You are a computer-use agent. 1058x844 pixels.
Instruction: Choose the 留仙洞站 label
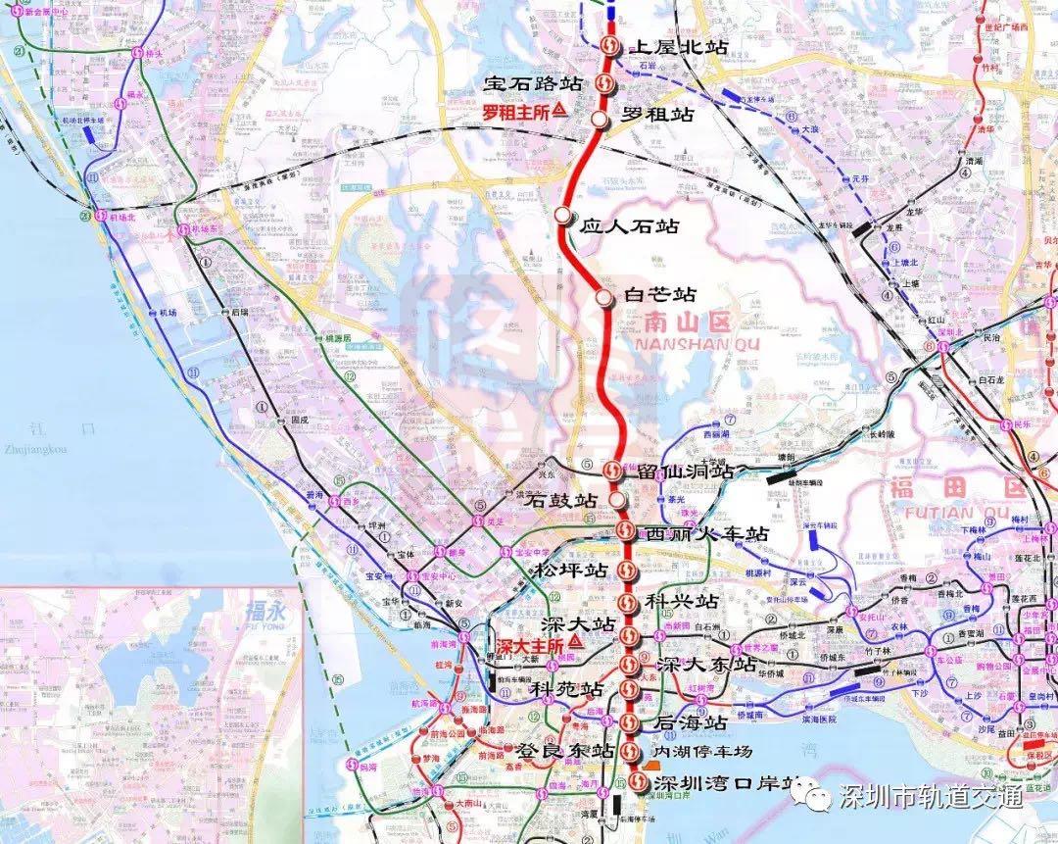(x=685, y=471)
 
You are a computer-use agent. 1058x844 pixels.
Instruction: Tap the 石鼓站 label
(x=561, y=500)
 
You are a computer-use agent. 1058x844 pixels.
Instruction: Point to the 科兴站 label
(x=682, y=600)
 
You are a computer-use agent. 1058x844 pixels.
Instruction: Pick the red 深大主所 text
(x=530, y=646)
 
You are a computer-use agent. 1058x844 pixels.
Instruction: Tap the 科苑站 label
(x=565, y=689)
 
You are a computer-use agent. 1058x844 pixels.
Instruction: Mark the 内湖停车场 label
(x=702, y=751)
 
